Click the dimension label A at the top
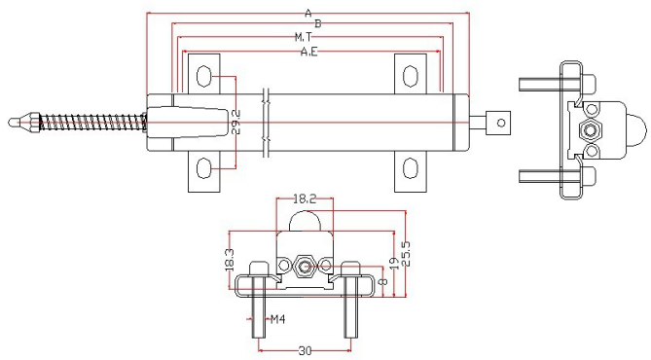(x=308, y=14)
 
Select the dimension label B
(x=318, y=23)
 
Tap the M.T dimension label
(x=303, y=37)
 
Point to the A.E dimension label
(x=309, y=52)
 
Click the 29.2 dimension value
(x=236, y=122)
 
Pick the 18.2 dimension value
(x=305, y=199)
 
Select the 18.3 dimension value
(x=230, y=260)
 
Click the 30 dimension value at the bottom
(x=305, y=351)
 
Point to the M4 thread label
(x=277, y=319)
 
